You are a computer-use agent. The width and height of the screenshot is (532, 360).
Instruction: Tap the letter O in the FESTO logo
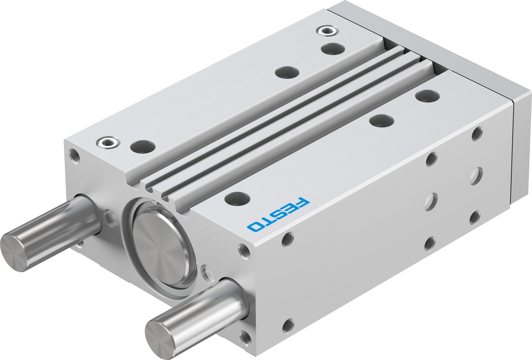click(x=255, y=226)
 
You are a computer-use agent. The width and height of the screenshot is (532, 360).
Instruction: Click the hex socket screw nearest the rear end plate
click(x=325, y=31)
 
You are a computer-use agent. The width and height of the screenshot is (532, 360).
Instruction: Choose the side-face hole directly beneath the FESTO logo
click(x=287, y=238)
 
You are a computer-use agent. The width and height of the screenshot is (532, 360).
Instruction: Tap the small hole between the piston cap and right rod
click(x=207, y=273)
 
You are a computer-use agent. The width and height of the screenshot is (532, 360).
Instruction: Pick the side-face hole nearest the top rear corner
click(x=477, y=134)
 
